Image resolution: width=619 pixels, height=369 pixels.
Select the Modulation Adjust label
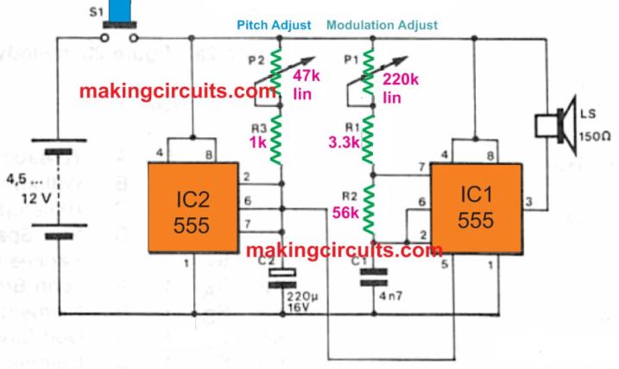click(x=382, y=27)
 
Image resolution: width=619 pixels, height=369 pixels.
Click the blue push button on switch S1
click(x=120, y=9)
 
